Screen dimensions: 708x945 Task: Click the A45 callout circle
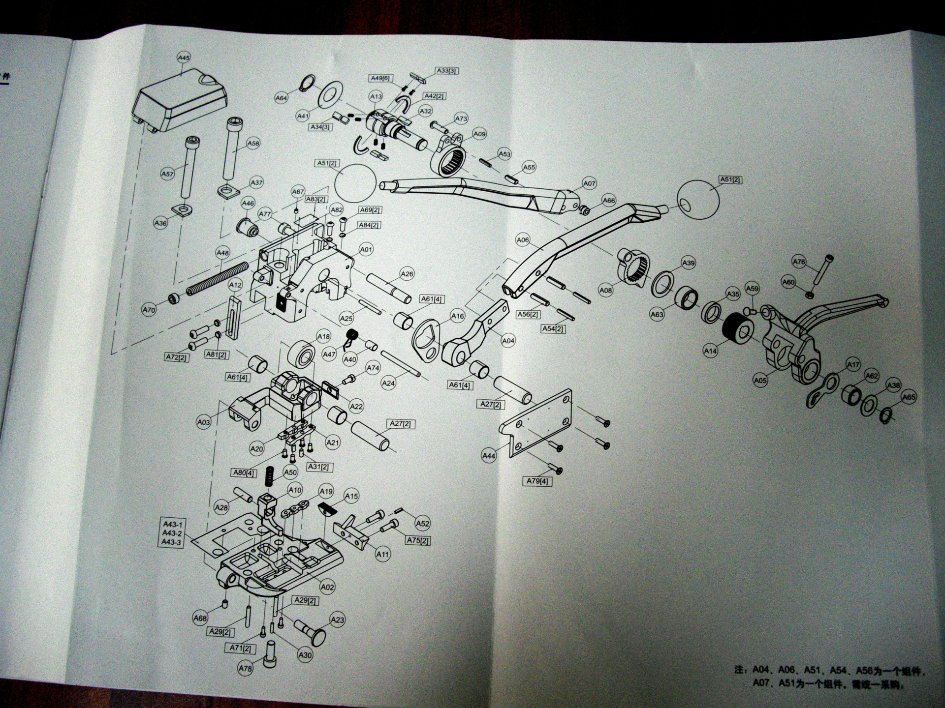point(183,58)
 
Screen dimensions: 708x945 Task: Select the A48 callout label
point(222,253)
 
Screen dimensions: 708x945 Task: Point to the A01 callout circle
point(366,249)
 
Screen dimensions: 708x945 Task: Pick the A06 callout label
point(523,240)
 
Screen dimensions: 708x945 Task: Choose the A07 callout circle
point(589,183)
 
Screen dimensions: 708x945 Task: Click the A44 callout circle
point(488,456)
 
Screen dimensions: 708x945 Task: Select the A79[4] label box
point(537,481)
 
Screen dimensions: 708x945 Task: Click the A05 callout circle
point(760,380)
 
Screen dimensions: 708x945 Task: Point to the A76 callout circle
point(799,262)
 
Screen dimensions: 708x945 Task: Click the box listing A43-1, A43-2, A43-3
point(172,533)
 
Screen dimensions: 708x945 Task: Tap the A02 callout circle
point(327,587)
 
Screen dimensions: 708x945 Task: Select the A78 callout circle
point(245,668)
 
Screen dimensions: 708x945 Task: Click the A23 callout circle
point(337,620)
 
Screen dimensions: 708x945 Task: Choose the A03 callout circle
point(203,422)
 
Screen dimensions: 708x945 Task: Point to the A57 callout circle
point(167,174)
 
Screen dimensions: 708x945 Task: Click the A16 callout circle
point(457,316)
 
